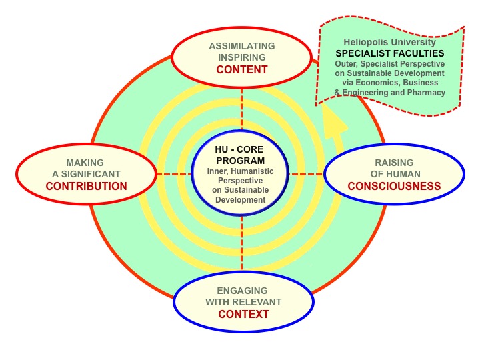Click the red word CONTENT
[x=242, y=70]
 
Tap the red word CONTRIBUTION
[x=86, y=186]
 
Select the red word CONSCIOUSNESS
[x=394, y=186]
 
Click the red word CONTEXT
[x=243, y=314]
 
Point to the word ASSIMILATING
[x=242, y=46]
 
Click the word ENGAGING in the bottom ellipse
[x=242, y=291]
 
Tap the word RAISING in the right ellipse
[x=394, y=163]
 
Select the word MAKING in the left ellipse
[x=85, y=163]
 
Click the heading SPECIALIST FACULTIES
[x=390, y=53]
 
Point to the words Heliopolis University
[x=390, y=42]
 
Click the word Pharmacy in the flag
[x=426, y=93]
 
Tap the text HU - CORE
[x=239, y=149]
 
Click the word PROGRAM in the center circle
[x=240, y=161]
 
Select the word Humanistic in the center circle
[x=253, y=171]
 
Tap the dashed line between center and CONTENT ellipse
[x=241, y=109]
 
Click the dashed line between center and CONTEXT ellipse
[x=242, y=243]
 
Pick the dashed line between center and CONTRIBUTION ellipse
[x=174, y=175]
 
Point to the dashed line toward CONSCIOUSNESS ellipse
[x=306, y=175]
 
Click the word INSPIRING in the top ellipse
[x=242, y=57]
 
